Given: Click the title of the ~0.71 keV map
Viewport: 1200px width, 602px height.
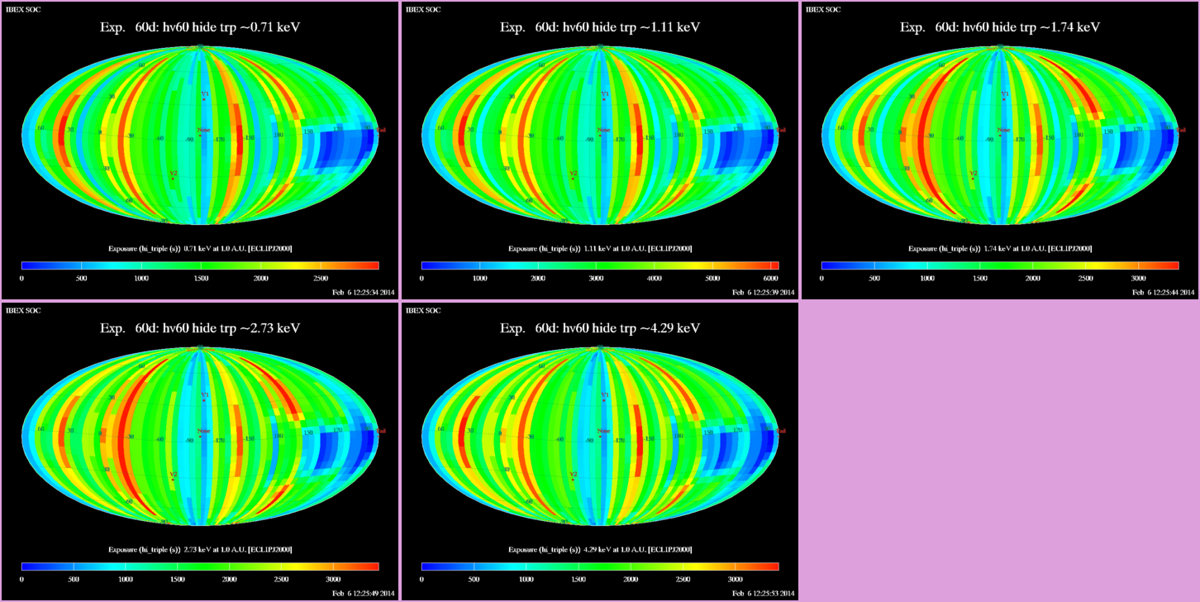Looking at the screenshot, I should click(199, 27).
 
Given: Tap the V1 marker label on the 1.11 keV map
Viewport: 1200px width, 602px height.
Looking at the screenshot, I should click(604, 94).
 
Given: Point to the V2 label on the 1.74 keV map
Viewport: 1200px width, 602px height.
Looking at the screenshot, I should click(974, 174).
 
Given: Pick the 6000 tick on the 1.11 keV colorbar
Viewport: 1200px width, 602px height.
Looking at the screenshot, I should click(769, 279).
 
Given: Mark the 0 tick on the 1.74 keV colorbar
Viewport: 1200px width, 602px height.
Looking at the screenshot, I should click(821, 279).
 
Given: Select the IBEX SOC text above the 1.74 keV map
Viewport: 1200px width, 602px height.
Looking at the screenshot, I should click(823, 9).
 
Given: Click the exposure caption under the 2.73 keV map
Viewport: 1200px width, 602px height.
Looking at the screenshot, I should click(199, 549).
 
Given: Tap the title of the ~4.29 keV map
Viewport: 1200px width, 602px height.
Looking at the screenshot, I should click(599, 328).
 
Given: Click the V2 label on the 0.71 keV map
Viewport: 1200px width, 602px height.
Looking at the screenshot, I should click(173, 174).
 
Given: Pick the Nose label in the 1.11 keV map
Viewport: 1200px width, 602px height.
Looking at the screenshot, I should click(603, 129).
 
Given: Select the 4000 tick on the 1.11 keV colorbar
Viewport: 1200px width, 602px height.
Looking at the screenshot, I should click(654, 279).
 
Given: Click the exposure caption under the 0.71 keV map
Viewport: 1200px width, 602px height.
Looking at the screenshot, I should click(199, 248).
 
